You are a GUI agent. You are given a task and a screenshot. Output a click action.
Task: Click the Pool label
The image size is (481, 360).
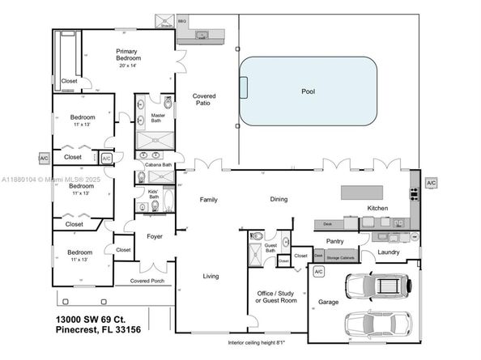tap(308, 91)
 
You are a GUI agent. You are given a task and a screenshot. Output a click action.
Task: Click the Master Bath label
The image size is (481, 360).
tap(159, 118)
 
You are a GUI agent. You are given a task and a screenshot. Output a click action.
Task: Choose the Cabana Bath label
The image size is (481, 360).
tap(158, 165)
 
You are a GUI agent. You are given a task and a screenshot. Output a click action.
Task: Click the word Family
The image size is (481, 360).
tap(209, 199)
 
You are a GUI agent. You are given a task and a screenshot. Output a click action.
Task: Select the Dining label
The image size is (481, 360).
tap(279, 199)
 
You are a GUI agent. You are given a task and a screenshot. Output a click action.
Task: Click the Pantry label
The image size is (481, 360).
tap(336, 241)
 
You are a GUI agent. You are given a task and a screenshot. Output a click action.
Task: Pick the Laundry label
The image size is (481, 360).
tap(389, 252)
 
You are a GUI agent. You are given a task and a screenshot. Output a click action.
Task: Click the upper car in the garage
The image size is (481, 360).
tap(377, 286)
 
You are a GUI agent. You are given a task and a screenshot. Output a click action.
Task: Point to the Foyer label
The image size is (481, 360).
tap(155, 236)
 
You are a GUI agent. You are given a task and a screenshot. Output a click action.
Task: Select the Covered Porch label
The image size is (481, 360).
tap(146, 282)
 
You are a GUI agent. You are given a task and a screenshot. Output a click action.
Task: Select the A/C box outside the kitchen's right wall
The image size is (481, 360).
tap(431, 184)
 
